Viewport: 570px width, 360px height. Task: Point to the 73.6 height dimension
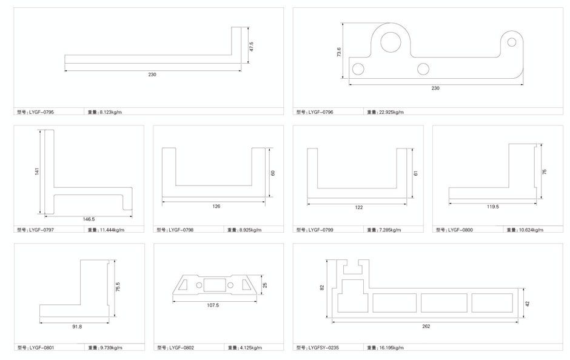coord(340,52)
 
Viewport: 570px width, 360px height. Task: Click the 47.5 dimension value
coord(250,46)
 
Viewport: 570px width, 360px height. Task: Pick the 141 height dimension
coord(37,172)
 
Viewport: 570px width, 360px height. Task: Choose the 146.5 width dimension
coord(89,219)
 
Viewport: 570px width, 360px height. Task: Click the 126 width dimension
coord(216,207)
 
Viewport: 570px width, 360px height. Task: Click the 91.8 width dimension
coord(76,327)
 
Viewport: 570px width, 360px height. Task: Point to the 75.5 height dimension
coord(118,286)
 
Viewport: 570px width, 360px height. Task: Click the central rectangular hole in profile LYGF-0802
coord(214,284)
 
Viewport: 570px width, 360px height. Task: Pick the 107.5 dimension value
coord(213,305)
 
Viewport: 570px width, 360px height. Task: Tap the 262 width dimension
coord(426,327)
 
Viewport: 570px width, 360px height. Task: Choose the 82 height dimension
coord(323,288)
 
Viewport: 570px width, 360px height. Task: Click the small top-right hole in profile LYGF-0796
coord(512,42)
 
